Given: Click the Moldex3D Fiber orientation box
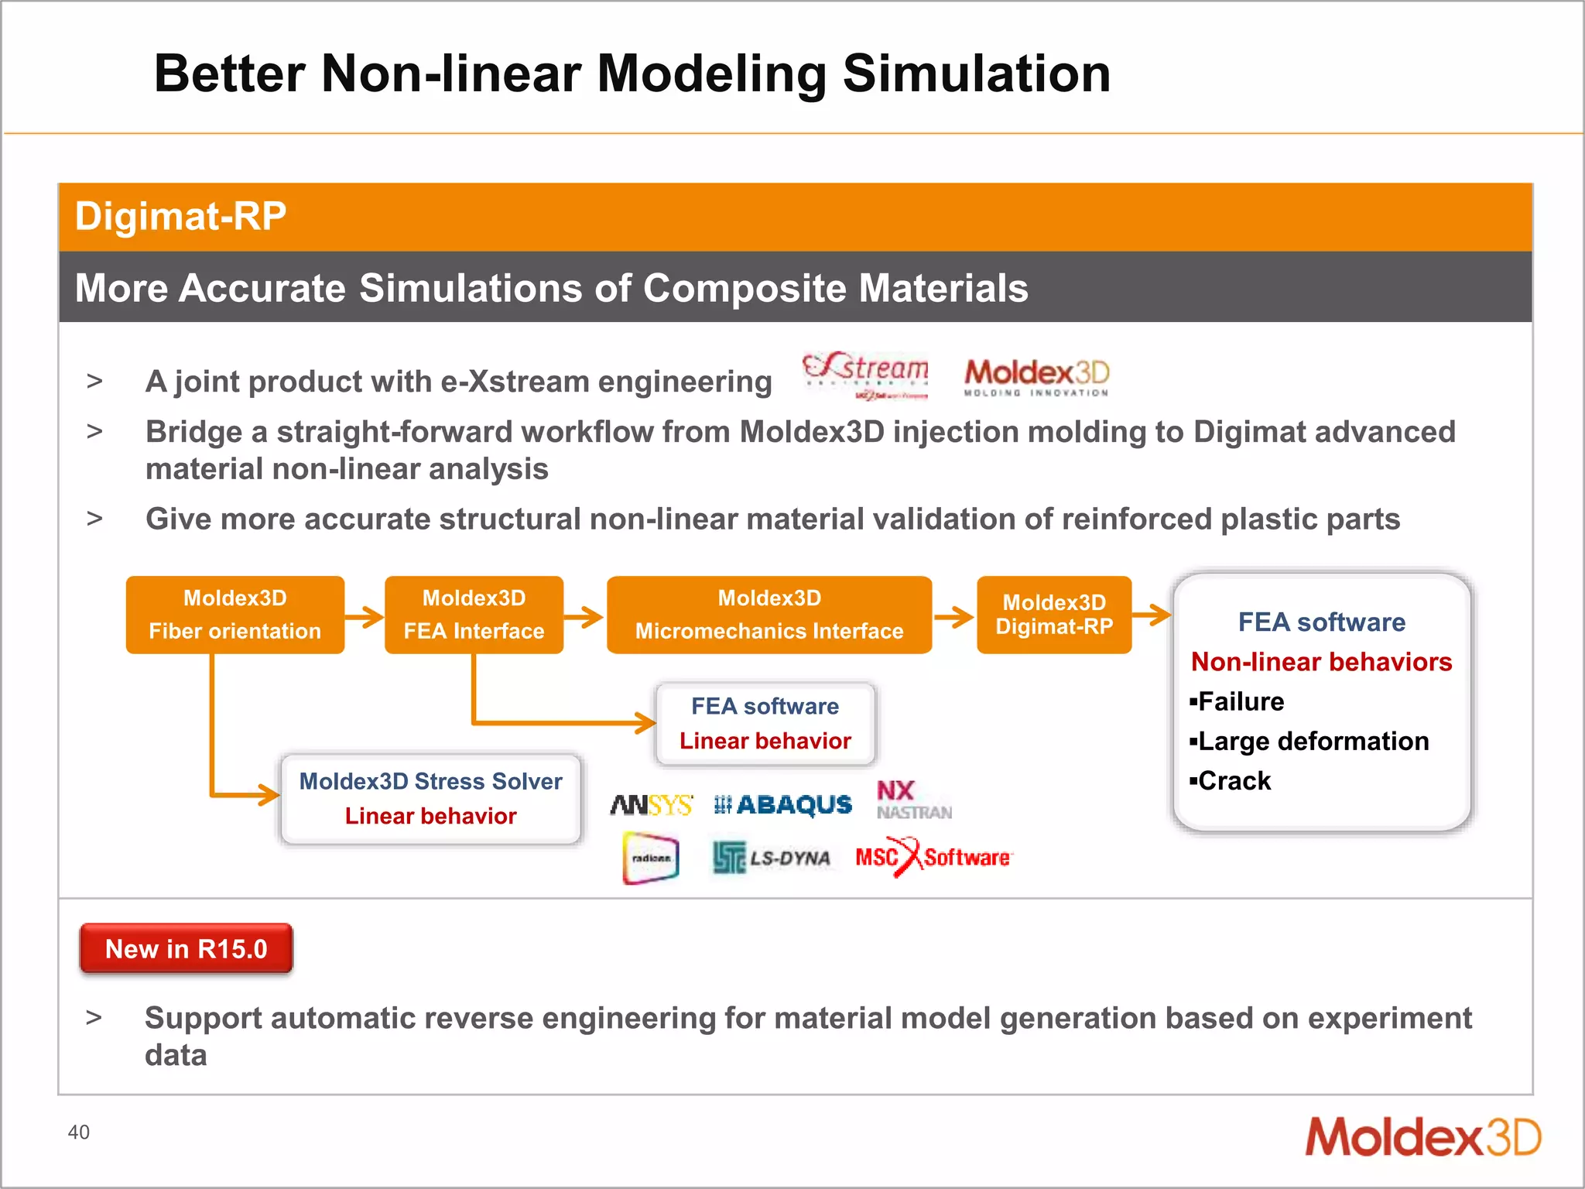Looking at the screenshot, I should pyautogui.click(x=234, y=615).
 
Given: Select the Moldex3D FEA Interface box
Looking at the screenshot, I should pyautogui.click(x=474, y=615).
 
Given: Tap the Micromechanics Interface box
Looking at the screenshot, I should pyautogui.click(x=769, y=615).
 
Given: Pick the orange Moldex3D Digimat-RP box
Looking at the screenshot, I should pyautogui.click(x=1054, y=615).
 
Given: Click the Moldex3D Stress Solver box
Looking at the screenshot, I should pyautogui.click(x=430, y=799).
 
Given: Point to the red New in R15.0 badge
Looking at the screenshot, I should pyautogui.click(x=186, y=948).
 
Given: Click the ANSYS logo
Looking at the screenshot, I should pyautogui.click(x=651, y=805).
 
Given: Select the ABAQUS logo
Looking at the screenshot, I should pyautogui.click(x=782, y=805).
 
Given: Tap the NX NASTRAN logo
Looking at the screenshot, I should pyautogui.click(x=913, y=800).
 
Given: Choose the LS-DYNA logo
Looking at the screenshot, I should pyautogui.click(x=772, y=858).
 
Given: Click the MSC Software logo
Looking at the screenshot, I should pyautogui.click(x=933, y=857).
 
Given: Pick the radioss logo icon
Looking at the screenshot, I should pyautogui.click(x=651, y=858).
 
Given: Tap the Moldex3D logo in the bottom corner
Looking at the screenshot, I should pyautogui.click(x=1422, y=1137).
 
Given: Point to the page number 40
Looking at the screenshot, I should pyautogui.click(x=78, y=1132).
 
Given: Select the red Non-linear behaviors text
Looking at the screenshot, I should pyautogui.click(x=1321, y=662).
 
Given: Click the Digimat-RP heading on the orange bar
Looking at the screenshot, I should pyautogui.click(x=180, y=216).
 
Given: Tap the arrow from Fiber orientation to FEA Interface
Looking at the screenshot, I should pyautogui.click(x=364, y=617).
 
